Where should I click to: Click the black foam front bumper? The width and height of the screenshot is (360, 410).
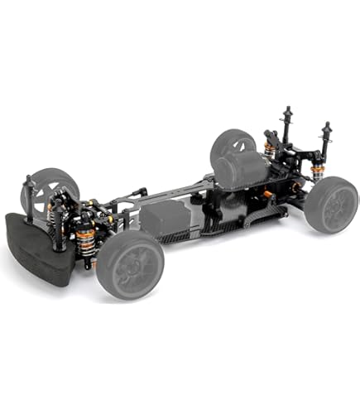point(37,248)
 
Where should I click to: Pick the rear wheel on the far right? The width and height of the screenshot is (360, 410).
point(331,204)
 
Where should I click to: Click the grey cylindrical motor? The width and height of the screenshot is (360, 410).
point(240,169)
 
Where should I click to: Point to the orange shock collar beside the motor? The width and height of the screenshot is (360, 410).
point(269,150)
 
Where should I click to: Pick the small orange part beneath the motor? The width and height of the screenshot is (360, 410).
point(266,195)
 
